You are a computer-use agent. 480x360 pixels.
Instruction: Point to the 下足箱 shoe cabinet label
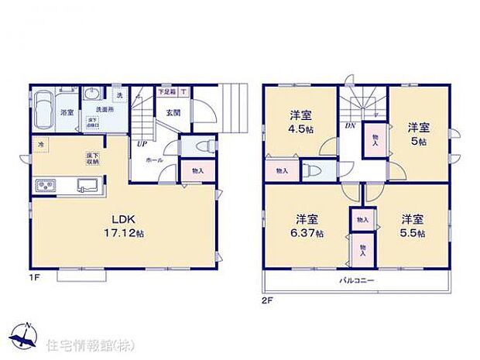coord(166,91)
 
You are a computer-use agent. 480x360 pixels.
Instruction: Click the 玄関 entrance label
coord(173,112)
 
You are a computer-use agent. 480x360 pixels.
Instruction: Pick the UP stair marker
coord(141,144)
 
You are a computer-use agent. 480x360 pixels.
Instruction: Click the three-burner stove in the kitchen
coord(45,185)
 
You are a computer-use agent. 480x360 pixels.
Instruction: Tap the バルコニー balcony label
coord(356,279)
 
